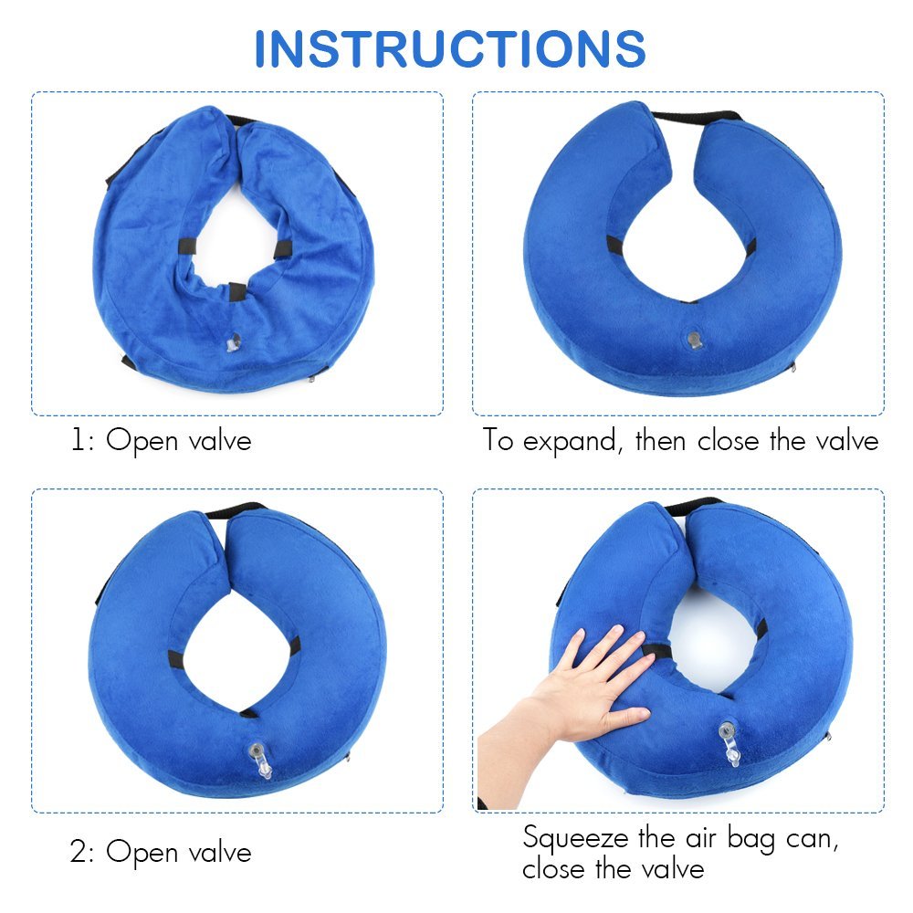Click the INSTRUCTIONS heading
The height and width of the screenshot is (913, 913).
(450, 49)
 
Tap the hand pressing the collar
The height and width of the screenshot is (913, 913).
(576, 698)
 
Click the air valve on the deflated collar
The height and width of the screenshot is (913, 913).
(234, 342)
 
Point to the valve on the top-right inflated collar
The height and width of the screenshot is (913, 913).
(694, 340)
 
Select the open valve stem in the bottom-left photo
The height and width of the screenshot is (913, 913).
(261, 761)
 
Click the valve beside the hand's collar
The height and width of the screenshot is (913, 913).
(729, 743)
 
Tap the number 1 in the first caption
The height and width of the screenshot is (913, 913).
(77, 440)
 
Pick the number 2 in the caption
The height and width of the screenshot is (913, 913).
(78, 852)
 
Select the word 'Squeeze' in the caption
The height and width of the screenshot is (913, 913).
(575, 839)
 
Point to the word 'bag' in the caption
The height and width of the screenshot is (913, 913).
(751, 840)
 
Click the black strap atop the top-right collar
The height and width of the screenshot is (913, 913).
(697, 116)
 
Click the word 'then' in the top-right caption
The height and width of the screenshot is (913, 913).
(660, 440)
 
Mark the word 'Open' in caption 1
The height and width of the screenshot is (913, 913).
(142, 441)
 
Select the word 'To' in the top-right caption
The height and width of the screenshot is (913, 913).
(498, 440)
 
